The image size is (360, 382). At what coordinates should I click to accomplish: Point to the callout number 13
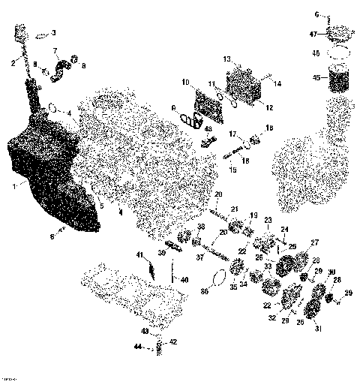click(x=226, y=58)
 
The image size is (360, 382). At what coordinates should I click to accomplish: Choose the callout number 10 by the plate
click(x=184, y=81)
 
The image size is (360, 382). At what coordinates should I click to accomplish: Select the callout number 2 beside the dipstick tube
click(x=13, y=64)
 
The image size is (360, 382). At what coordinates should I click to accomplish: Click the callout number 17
click(x=232, y=134)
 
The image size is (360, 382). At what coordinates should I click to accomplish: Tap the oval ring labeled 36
click(x=217, y=278)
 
